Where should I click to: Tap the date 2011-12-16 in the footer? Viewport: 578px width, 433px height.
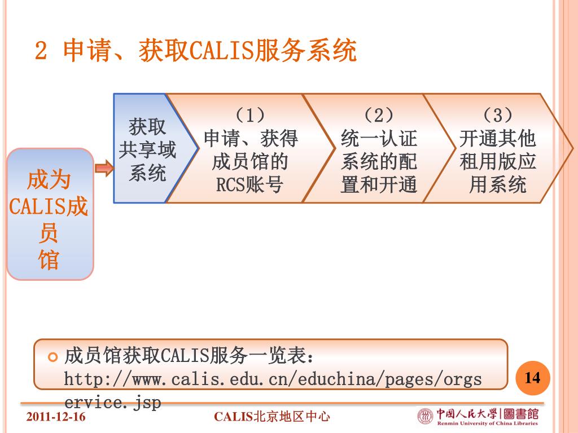tap(56, 417)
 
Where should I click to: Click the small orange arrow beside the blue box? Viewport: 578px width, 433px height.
tap(104, 168)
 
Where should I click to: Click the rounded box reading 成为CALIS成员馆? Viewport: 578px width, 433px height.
tap(49, 214)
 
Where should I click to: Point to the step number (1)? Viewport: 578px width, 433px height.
tap(251, 116)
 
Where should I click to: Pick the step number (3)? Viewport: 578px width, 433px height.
tap(498, 116)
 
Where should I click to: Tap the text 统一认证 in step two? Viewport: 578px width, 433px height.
tap(379, 139)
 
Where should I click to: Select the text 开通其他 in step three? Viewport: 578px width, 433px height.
tap(498, 139)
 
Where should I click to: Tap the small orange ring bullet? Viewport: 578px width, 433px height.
tap(53, 357)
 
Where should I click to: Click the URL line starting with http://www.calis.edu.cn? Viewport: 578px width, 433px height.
tap(273, 379)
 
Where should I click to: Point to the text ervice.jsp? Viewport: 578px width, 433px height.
tap(113, 403)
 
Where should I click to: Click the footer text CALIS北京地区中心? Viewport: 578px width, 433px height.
tap(272, 417)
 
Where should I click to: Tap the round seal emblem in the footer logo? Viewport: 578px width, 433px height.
tap(424, 416)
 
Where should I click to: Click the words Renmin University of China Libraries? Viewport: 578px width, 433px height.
tap(487, 423)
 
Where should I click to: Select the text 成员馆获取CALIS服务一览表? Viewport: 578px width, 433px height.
tap(189, 357)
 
